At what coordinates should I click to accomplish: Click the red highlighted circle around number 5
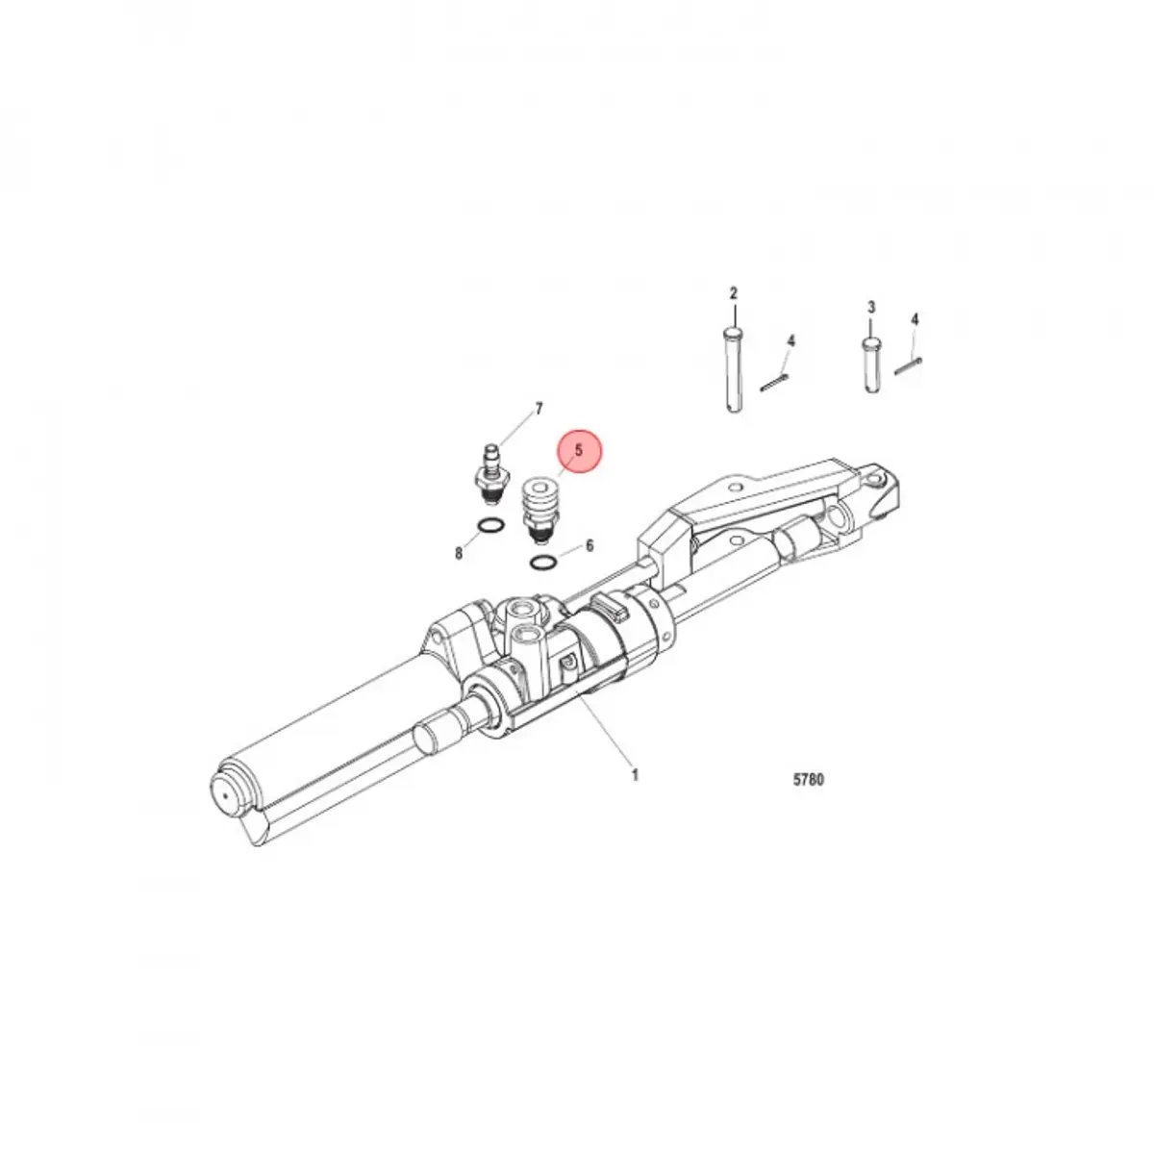click(579, 451)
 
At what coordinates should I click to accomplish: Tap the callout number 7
click(539, 409)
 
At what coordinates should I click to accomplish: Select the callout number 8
click(459, 553)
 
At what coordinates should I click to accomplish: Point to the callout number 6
click(590, 545)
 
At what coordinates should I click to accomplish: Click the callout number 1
click(635, 775)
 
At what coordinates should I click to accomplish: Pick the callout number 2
click(734, 293)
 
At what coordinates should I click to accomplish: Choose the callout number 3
click(871, 307)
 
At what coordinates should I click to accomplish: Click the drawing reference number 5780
click(808, 780)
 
